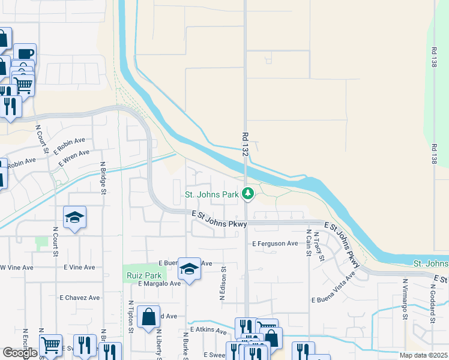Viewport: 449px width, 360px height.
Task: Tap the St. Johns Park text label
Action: tap(212, 194)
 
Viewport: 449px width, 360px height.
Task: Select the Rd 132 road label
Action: tap(245, 146)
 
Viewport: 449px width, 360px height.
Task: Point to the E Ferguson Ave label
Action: tap(275, 244)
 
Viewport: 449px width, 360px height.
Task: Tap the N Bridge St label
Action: tap(103, 178)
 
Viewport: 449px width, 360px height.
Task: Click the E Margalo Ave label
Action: tap(159, 283)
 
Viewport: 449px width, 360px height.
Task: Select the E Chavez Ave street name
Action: tap(79, 297)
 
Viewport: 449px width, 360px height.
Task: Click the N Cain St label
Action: tap(309, 242)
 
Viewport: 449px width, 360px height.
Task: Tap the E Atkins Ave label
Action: tap(208, 330)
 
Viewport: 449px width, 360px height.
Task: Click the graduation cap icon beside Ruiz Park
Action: tap(189, 270)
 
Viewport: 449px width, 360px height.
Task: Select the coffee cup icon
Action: tap(25, 53)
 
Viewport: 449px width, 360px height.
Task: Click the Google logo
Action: tap(20, 353)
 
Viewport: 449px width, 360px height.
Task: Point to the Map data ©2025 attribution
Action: tap(423, 355)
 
